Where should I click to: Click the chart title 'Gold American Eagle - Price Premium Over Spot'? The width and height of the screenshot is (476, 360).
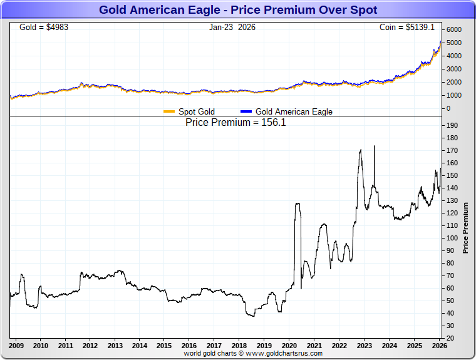[238, 10]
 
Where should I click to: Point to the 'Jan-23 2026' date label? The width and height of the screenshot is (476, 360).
[232, 28]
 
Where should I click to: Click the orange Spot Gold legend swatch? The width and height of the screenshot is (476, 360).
[169, 112]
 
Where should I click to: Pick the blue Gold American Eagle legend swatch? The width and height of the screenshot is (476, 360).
[246, 112]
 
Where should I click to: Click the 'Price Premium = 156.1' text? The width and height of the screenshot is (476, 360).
[235, 123]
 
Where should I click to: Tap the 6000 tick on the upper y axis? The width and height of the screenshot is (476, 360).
[453, 30]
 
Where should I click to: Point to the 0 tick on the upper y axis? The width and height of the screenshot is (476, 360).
[448, 108]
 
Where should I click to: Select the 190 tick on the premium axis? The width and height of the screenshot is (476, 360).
[452, 126]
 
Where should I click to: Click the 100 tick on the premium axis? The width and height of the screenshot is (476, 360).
[452, 239]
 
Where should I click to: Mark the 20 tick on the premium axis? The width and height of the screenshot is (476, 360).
[451, 339]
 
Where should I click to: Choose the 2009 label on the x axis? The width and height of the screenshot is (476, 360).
[16, 346]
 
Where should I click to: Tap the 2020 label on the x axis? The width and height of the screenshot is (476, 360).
[289, 346]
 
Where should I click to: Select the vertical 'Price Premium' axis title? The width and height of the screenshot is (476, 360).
[465, 227]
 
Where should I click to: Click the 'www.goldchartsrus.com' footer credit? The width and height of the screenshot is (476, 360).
[286, 354]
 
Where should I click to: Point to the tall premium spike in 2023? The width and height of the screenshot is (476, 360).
[374, 147]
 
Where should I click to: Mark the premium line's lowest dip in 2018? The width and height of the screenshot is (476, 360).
[252, 316]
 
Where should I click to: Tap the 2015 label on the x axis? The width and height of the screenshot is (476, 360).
[164, 346]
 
